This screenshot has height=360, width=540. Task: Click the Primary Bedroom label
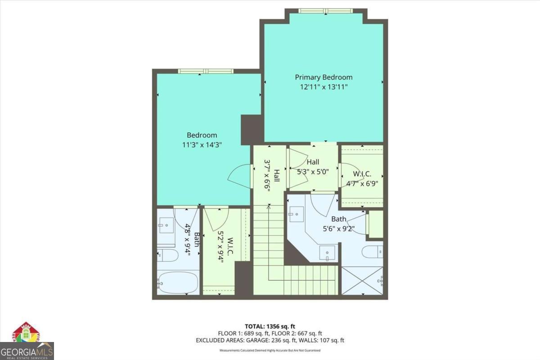pos(324,77)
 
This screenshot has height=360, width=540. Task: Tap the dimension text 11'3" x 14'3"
pos(202,144)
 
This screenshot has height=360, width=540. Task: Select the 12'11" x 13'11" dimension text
pos(324,86)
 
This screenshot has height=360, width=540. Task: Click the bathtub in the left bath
pos(178,282)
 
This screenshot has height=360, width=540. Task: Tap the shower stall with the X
pos(362,281)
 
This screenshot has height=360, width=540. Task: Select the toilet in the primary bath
pos(373,252)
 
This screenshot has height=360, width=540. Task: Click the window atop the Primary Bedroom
pos(327,11)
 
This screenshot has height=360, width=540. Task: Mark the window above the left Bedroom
pos(206,71)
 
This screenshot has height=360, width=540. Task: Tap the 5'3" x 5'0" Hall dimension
pos(313,171)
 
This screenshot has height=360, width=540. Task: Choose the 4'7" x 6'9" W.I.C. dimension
pos(362,183)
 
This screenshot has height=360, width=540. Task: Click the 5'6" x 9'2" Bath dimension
pos(339,228)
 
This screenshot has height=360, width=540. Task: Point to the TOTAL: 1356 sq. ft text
pos(270,326)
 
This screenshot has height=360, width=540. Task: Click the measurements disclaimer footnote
pos(270,350)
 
